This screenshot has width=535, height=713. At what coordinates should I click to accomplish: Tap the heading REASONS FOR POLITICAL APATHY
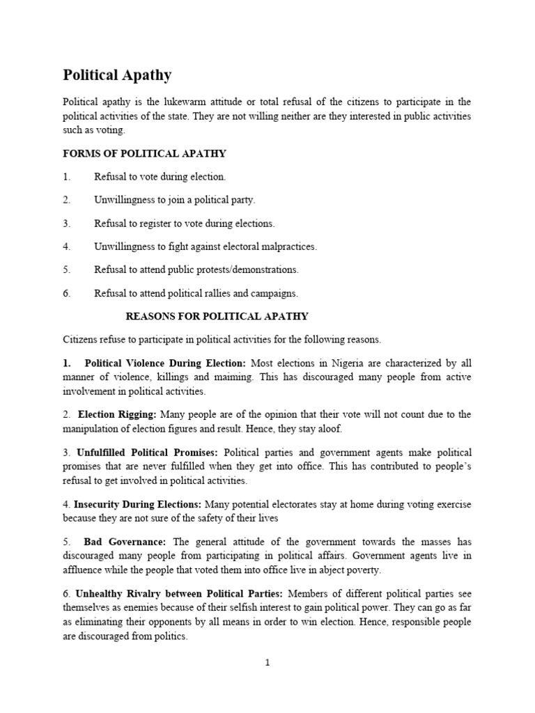217,316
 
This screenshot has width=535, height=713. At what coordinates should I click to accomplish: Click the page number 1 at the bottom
267,663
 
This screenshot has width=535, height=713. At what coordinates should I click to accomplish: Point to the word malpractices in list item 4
288,246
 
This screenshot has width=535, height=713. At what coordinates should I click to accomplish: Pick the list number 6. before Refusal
67,293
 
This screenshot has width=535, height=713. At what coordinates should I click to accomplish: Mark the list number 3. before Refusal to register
67,224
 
